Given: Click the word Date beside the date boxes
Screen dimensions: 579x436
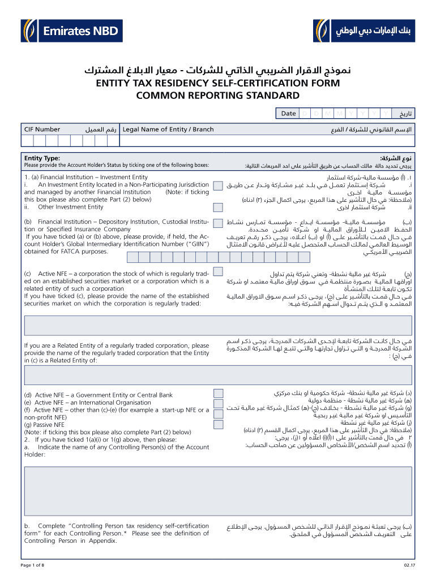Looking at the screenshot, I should pos(288,114).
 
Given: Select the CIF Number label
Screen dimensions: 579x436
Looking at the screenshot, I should pos(42,129).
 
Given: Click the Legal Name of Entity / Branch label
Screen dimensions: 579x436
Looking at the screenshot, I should pos(168,129).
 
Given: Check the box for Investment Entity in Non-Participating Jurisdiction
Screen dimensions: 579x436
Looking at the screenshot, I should pos(217,185).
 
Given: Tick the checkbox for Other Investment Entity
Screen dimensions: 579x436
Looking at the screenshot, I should pos(217,207).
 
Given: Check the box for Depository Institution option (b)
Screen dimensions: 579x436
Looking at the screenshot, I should pos(217,222).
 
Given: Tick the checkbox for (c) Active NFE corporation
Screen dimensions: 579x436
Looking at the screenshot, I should pos(217,275).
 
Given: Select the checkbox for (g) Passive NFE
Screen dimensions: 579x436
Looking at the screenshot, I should pos(217,424).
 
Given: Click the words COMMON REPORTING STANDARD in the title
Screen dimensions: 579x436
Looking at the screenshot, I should pos(217,95).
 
